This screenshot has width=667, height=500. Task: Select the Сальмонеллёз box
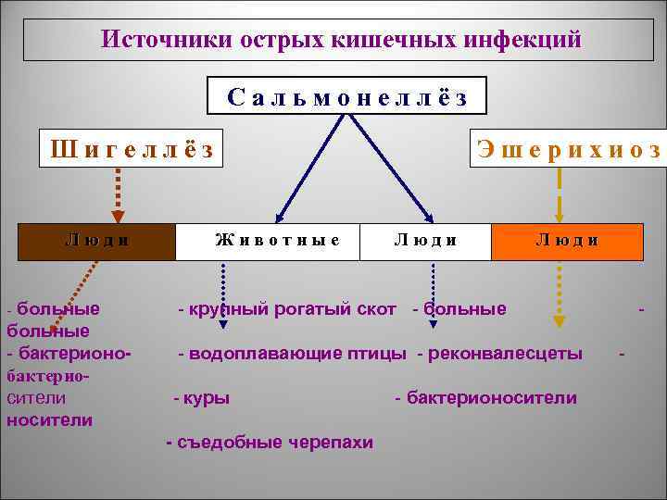point(345,96)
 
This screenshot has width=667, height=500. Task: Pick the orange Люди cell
point(567,240)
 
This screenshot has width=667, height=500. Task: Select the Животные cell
point(277,240)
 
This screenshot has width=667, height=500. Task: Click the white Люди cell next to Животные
point(425,240)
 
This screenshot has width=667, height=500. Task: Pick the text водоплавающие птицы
point(296,353)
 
